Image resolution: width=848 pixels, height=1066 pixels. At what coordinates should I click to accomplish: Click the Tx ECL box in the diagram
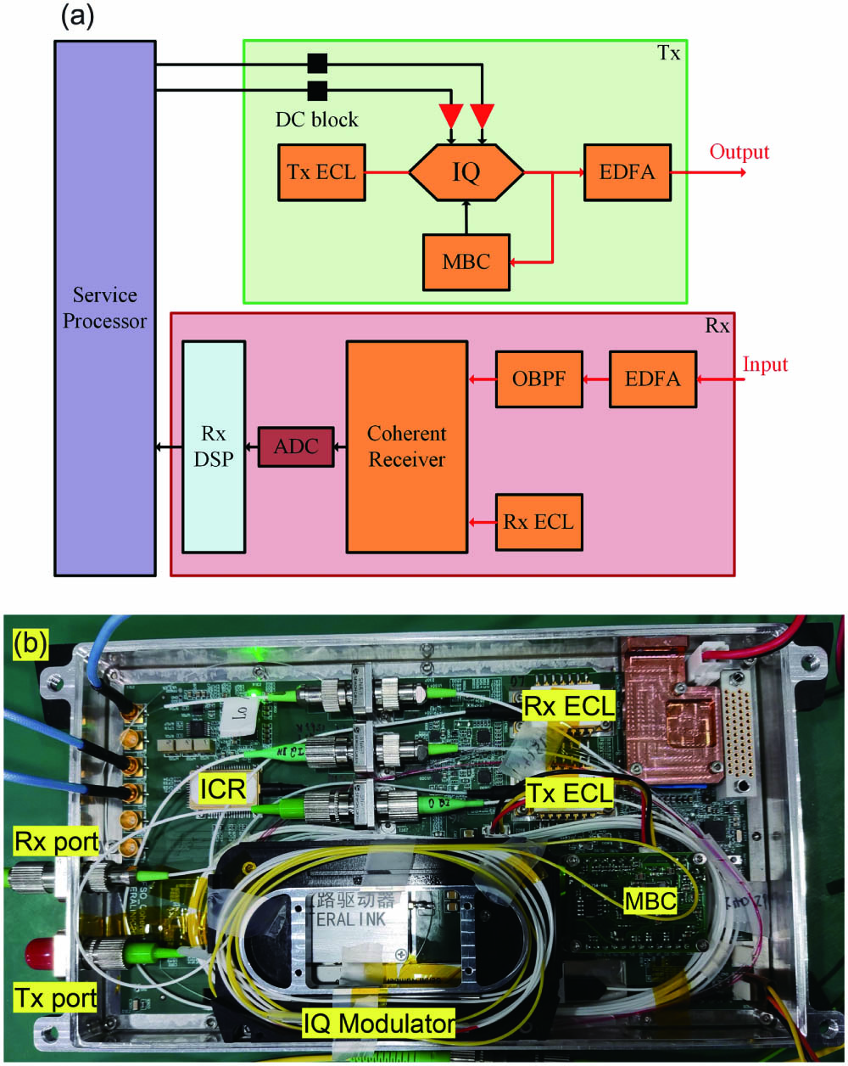(x=322, y=173)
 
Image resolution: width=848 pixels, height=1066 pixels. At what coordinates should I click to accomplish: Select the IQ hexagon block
(x=466, y=172)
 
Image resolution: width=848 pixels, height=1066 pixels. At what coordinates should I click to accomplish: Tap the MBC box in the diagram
(x=466, y=261)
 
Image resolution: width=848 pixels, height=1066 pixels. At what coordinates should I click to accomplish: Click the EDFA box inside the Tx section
(x=626, y=173)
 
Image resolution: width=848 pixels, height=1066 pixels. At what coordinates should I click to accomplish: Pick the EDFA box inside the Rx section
(x=651, y=379)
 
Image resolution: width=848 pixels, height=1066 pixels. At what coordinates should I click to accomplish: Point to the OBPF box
(x=537, y=379)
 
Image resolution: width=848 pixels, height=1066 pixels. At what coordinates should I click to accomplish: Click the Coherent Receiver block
(x=406, y=446)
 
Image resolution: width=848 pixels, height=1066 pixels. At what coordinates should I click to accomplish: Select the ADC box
(x=296, y=446)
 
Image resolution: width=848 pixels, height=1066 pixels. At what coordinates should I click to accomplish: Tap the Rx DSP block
(x=214, y=446)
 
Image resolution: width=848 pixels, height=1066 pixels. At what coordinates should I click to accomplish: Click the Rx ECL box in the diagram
(x=538, y=520)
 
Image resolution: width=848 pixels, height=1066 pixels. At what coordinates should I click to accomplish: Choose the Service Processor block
(x=104, y=307)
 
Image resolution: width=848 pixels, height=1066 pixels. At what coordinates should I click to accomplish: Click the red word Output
(x=739, y=152)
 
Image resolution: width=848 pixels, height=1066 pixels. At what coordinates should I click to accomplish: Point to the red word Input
(x=765, y=365)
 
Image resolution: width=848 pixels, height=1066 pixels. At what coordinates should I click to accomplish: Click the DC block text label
(x=316, y=119)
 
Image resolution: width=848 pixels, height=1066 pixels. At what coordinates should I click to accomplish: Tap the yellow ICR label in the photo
(x=222, y=788)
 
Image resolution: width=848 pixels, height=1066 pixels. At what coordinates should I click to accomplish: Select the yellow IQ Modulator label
(x=378, y=1024)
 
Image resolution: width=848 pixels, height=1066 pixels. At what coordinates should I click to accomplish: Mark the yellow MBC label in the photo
(x=650, y=900)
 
